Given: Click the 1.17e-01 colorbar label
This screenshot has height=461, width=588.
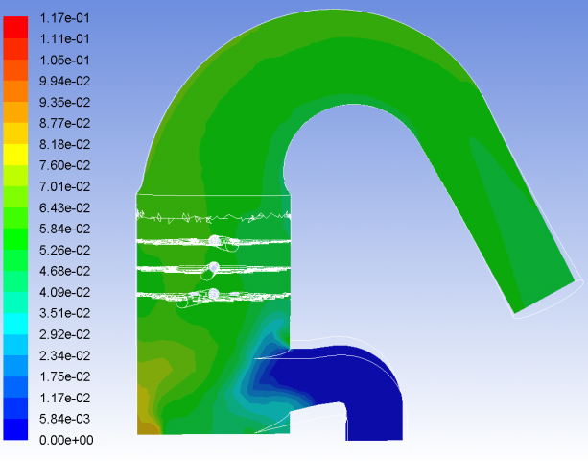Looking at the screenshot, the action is point(64,18).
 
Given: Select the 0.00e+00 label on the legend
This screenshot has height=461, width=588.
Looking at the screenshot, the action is point(66,440).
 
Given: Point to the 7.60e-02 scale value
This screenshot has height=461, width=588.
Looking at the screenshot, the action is point(64,165).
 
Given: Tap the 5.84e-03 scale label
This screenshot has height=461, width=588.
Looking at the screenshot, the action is point(64,419).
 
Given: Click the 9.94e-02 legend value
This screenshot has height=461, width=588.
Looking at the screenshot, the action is point(64,81).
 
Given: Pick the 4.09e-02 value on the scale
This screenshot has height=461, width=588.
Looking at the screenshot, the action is point(64,292).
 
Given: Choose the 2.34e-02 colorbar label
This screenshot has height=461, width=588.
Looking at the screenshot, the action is point(64,355).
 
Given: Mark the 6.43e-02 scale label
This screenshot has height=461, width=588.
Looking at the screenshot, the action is point(64,207).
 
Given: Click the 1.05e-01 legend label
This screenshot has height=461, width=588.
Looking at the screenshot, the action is point(64,61).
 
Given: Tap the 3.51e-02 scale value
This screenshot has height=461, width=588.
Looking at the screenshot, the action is point(64,313).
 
